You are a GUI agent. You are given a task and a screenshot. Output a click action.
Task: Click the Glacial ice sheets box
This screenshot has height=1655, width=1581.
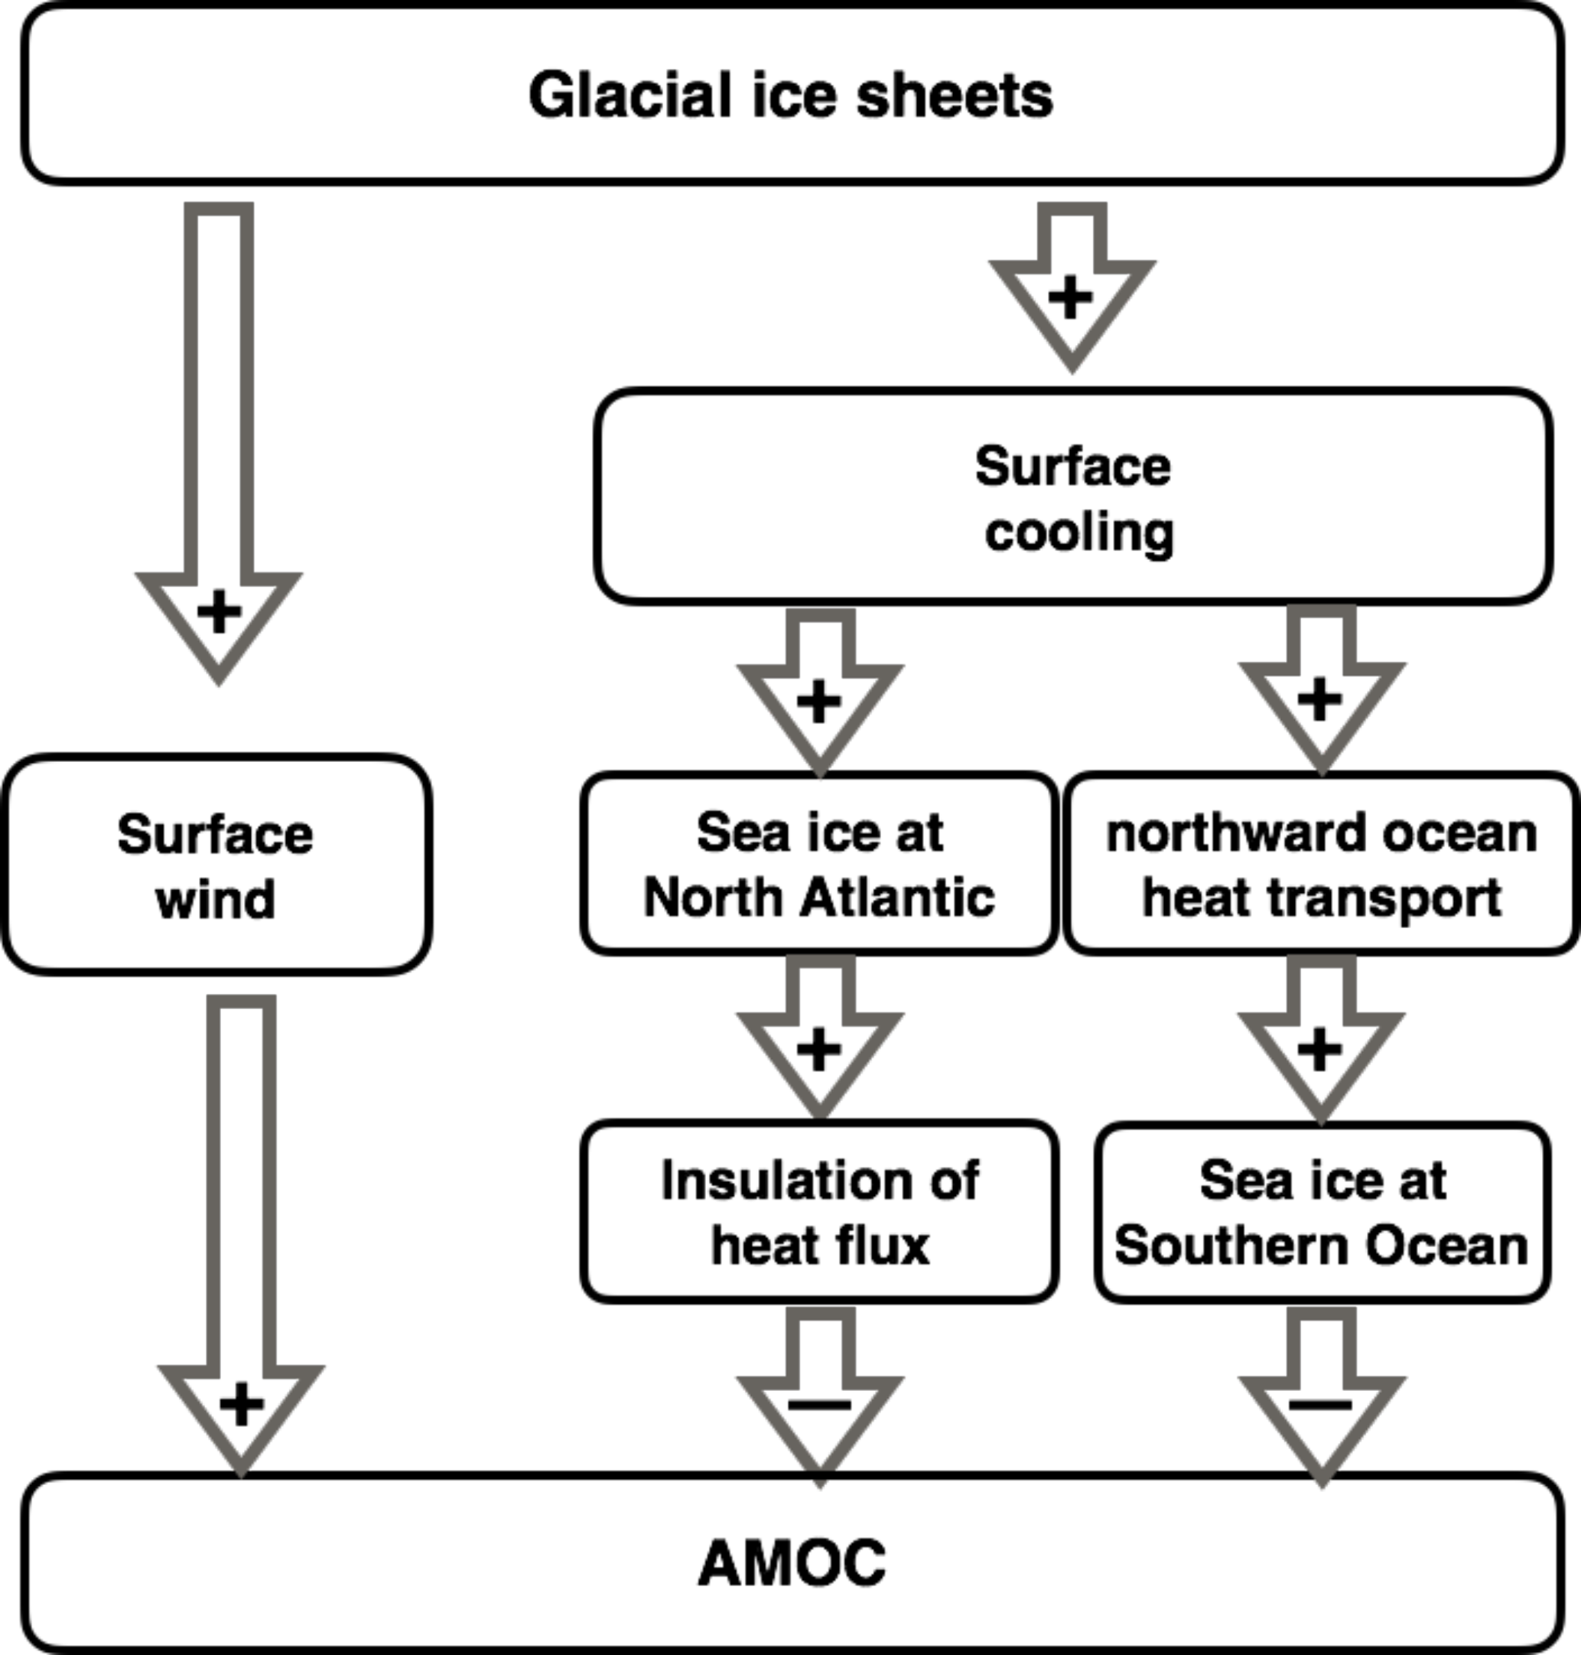click(x=791, y=94)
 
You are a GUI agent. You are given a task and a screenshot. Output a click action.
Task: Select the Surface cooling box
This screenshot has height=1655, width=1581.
click(x=1072, y=497)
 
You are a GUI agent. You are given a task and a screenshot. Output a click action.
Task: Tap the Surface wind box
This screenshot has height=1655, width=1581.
click(x=216, y=865)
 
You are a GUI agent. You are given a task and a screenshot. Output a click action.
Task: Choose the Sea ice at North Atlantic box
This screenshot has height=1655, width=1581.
click(x=819, y=863)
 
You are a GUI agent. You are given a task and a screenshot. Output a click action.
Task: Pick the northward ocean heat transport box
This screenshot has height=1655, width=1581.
click(x=1321, y=863)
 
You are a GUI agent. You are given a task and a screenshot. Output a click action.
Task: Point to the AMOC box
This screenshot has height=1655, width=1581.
click(x=791, y=1562)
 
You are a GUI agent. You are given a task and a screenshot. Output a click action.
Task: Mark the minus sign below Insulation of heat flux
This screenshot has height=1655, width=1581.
click(x=819, y=1405)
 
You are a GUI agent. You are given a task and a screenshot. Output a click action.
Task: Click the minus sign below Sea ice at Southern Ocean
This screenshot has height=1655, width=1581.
click(x=1321, y=1405)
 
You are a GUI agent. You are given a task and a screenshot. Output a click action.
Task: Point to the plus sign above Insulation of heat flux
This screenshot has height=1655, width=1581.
click(x=819, y=1051)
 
